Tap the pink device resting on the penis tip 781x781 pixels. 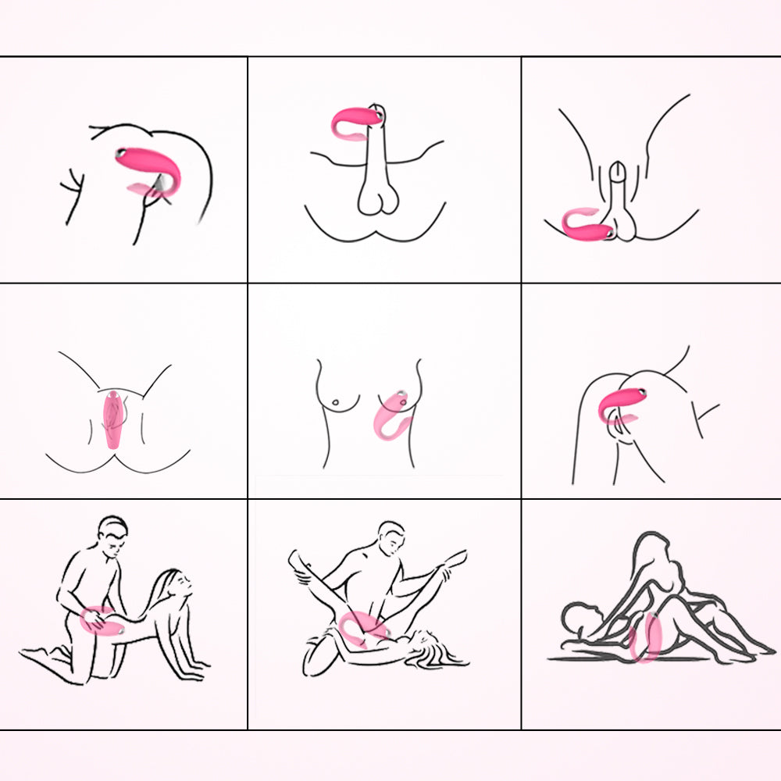(x=356, y=121)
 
